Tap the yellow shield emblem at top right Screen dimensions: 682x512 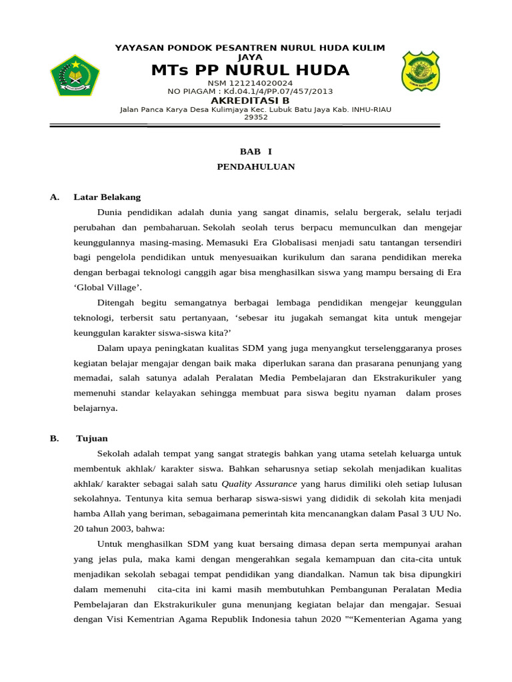[x=420, y=71]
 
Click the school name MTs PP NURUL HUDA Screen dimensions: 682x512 [x=250, y=71]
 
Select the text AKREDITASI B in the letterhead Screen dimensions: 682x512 [x=250, y=101]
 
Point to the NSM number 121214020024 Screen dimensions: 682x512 [x=250, y=83]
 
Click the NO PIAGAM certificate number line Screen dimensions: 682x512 [x=250, y=91]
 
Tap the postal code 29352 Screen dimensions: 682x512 [x=256, y=117]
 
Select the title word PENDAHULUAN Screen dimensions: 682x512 [x=256, y=167]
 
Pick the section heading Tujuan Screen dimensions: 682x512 [x=92, y=438]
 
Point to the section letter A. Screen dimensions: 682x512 [x=55, y=197]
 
